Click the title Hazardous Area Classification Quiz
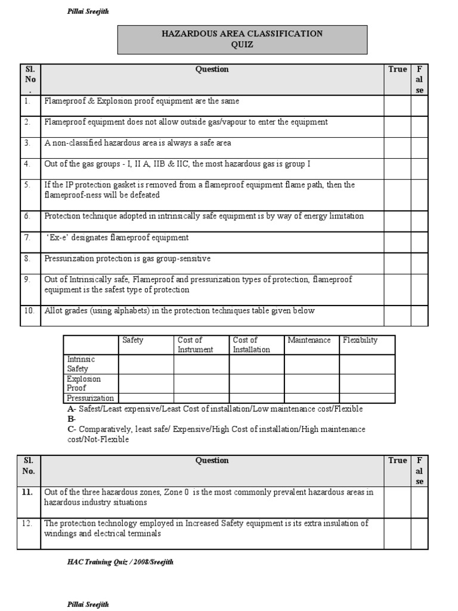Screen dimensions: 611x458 (x=242, y=39)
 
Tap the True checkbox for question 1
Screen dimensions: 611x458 (x=397, y=106)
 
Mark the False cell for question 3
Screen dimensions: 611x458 (x=419, y=147)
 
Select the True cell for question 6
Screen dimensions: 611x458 (x=397, y=220)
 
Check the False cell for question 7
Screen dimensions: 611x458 (x=419, y=241)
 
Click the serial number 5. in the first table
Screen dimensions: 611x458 (x=27, y=185)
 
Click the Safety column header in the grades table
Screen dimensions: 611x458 (x=133, y=340)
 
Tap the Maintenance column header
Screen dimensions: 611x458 (x=309, y=340)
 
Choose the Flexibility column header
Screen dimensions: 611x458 (x=360, y=340)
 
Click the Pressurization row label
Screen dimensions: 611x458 (x=91, y=398)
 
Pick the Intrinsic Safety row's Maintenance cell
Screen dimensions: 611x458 (x=311, y=364)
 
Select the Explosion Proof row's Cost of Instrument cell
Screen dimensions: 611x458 (x=201, y=383)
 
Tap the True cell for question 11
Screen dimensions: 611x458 (x=397, y=501)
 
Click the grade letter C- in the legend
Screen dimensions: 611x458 (x=72, y=429)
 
